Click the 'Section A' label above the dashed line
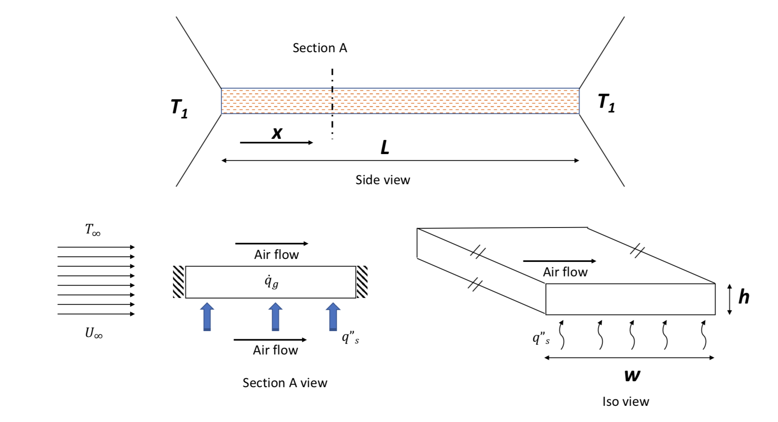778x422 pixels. click(320, 48)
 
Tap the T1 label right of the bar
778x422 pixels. click(606, 103)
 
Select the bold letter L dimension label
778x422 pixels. click(385, 148)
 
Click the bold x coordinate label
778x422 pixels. click(277, 133)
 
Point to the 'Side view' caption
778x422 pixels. click(383, 180)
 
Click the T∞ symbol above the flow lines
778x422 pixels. click(93, 230)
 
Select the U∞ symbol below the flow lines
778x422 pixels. click(93, 333)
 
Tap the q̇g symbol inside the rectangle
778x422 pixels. click(271, 281)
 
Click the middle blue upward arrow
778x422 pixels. click(275, 316)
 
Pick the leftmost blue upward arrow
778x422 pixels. click(207, 316)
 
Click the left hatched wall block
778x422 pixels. click(179, 282)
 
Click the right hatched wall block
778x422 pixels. click(362, 282)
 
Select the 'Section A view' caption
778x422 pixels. click(285, 383)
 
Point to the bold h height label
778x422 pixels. click(744, 297)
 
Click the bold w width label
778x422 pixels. click(632, 375)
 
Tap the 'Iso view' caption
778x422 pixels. click(626, 402)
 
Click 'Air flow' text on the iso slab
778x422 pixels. click(565, 272)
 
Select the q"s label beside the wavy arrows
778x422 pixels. click(541, 338)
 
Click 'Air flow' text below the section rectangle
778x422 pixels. click(275, 350)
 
